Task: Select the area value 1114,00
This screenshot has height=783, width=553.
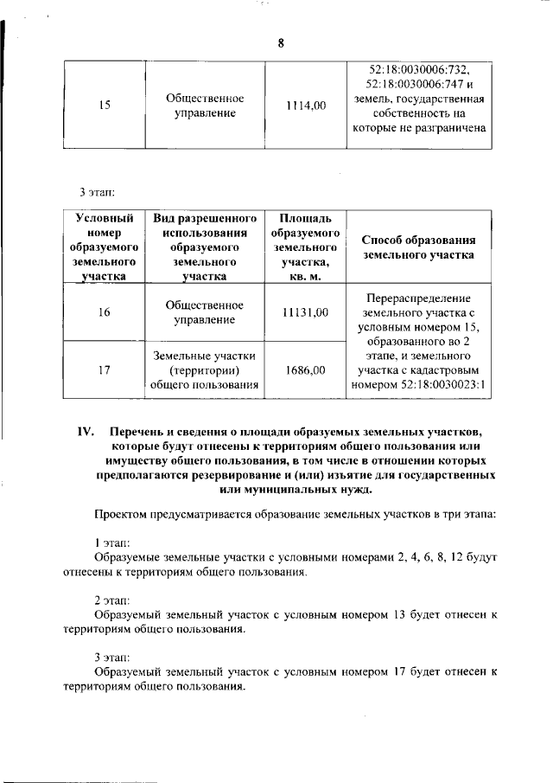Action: coord(306,106)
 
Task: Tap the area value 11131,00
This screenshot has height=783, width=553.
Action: coord(306,312)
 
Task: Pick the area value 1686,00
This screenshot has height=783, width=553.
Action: coord(306,370)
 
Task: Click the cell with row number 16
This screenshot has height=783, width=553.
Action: coord(104,312)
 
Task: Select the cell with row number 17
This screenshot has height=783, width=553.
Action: coord(104,370)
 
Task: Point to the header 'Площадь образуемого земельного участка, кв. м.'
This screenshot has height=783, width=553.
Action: coord(306,247)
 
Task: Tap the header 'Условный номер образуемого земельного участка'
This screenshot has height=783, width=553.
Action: coord(104,247)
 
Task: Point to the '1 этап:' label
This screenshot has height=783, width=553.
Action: coord(111,543)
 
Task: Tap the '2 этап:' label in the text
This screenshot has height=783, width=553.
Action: coord(111,600)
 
